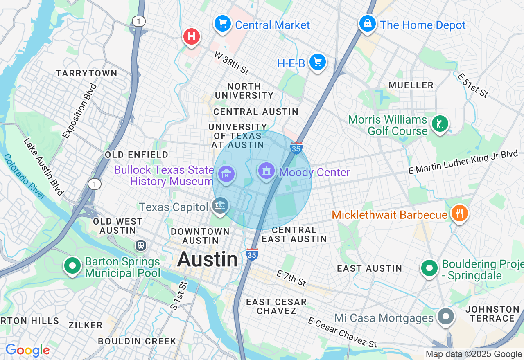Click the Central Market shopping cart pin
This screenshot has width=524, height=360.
[x=222, y=24]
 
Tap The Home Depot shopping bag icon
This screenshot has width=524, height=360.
[x=368, y=24]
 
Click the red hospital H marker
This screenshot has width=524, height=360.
[x=191, y=36]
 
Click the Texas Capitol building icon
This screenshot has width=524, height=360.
[x=221, y=206]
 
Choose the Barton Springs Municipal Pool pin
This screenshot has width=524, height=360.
[x=72, y=266]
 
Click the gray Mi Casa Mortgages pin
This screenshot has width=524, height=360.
[x=446, y=317]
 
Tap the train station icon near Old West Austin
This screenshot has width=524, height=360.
[x=141, y=245]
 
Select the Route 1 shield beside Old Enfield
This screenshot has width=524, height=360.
[x=95, y=184]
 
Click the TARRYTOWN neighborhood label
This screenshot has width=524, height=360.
[x=86, y=74]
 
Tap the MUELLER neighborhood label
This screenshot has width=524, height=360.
[x=411, y=85]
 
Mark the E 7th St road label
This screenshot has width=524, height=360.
[x=291, y=278]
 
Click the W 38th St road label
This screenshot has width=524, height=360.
[x=232, y=63]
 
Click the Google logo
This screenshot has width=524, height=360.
[x=27, y=351]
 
